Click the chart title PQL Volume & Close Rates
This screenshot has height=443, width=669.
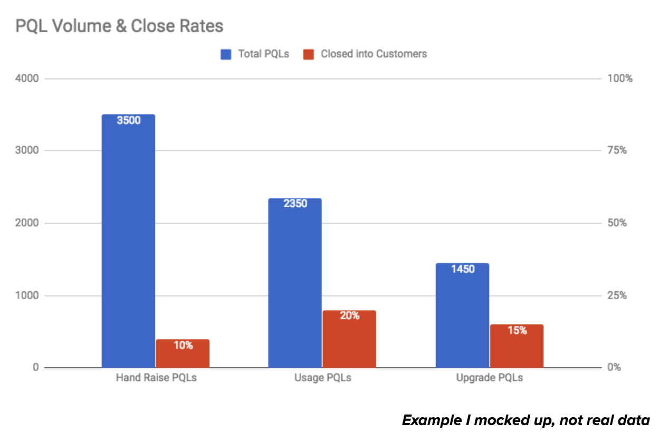click(x=119, y=25)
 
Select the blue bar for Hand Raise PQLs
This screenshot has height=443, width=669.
click(x=128, y=243)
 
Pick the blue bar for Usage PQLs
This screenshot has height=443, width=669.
click(x=295, y=285)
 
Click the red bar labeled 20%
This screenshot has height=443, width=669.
click(x=349, y=340)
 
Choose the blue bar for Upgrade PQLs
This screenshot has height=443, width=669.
click(x=463, y=316)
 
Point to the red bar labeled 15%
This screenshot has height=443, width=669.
click(x=517, y=347)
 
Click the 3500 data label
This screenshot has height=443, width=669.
click(x=128, y=120)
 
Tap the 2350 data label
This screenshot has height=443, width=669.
click(x=295, y=204)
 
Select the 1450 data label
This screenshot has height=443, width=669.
click(x=463, y=269)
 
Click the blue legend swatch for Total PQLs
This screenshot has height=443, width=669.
click(x=226, y=54)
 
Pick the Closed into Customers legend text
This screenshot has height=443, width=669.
click(x=374, y=54)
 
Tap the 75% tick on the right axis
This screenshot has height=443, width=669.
click(x=616, y=151)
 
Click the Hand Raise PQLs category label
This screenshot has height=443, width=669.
click(x=156, y=378)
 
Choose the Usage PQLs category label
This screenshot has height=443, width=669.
click(x=322, y=378)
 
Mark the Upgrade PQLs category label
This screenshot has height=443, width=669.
click(x=490, y=378)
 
